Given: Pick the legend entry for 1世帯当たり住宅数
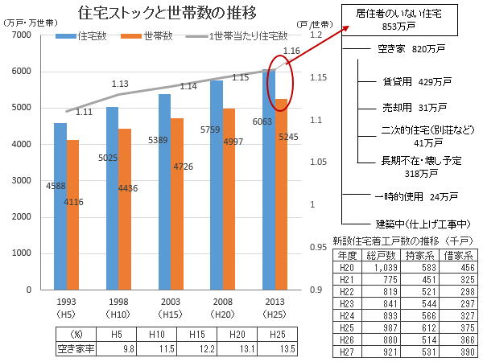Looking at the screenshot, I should (x=237, y=36).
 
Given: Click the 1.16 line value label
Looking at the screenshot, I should (x=293, y=51).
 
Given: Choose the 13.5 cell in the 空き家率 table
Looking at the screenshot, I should (x=282, y=348).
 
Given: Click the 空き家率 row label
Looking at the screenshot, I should (x=76, y=348).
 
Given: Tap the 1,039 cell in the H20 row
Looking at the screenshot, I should (x=381, y=266).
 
